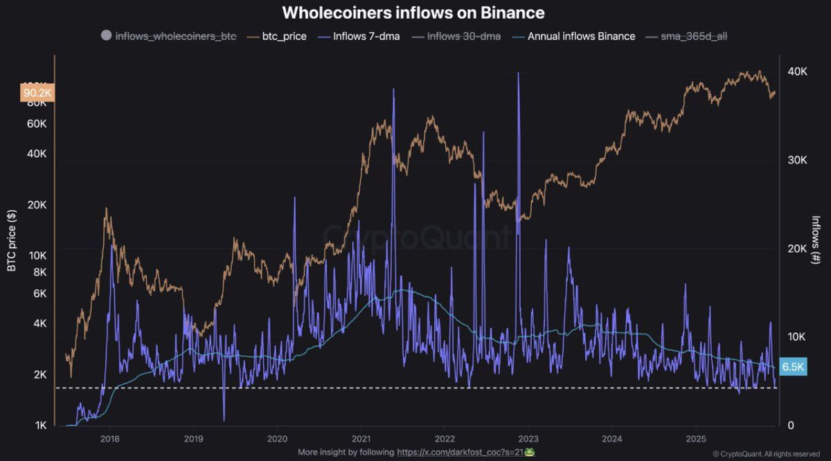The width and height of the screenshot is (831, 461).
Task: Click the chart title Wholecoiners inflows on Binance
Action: pyautogui.click(x=413, y=12)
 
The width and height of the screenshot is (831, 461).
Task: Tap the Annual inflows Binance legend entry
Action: pyautogui.click(x=581, y=36)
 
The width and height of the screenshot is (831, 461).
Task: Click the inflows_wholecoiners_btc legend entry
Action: pyautogui.click(x=175, y=36)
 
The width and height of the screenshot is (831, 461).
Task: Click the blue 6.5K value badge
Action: pyautogui.click(x=792, y=368)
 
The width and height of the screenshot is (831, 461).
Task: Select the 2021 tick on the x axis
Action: pyautogui.click(x=361, y=439)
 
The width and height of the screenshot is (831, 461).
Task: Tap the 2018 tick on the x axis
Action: pyautogui.click(x=109, y=439)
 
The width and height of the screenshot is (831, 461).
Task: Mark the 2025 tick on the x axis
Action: pyautogui.click(x=696, y=439)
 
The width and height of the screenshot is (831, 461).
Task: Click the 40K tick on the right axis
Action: pyautogui.click(x=798, y=72)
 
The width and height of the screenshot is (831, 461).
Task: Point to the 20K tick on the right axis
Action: pyautogui.click(x=798, y=249)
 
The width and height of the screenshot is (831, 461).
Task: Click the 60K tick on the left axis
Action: pyautogui.click(x=36, y=125)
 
